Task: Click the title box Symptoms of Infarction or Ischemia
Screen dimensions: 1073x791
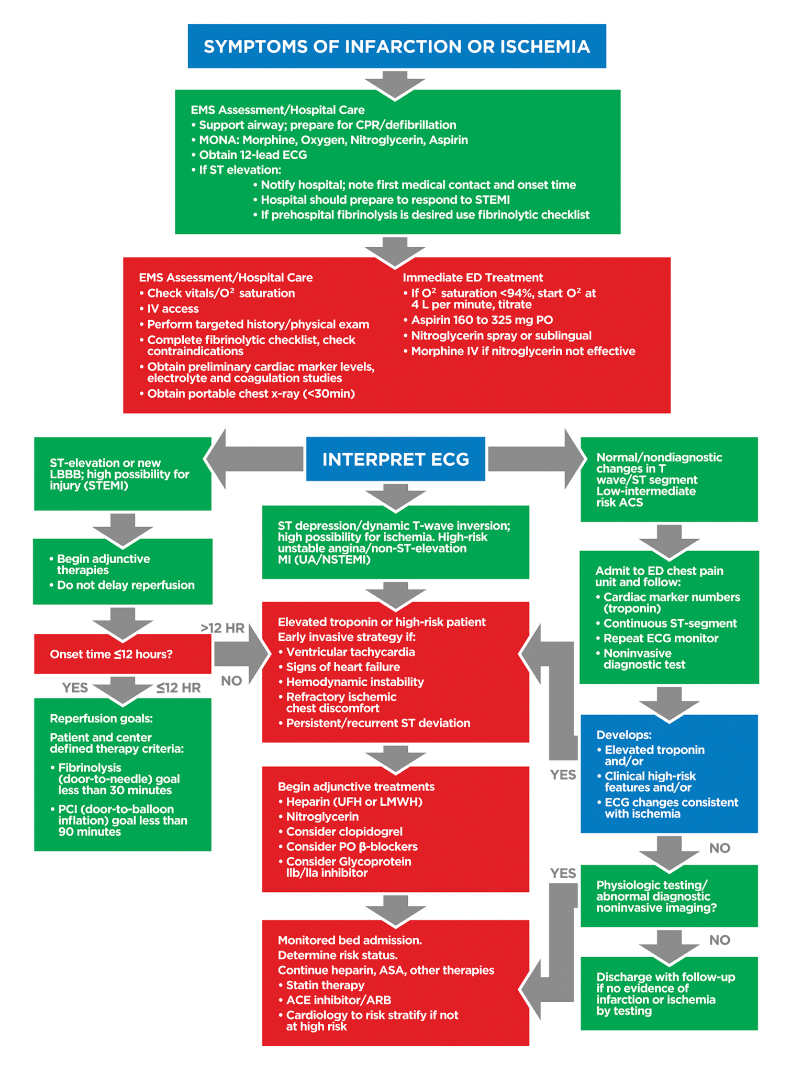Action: click(396, 46)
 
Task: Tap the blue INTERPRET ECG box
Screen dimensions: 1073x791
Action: click(395, 459)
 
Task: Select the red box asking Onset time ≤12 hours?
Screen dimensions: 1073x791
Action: click(122, 654)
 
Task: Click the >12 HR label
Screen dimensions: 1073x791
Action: click(222, 628)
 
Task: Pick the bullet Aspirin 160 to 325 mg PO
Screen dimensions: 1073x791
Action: click(482, 320)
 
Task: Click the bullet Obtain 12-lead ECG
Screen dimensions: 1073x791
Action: click(252, 155)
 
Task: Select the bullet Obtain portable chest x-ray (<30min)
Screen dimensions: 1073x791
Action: click(251, 393)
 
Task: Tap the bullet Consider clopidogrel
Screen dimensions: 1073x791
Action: click(344, 831)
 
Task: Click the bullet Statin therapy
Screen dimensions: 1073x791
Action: click(325, 985)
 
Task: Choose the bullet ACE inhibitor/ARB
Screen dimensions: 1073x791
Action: click(338, 1000)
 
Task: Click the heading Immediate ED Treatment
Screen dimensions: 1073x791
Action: click(472, 278)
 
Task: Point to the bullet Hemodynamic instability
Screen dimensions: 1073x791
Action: click(354, 682)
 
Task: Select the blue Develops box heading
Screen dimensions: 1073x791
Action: click(623, 735)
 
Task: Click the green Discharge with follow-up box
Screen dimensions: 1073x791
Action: click(669, 993)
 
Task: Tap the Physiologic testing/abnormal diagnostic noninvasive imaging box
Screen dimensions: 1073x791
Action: click(669, 896)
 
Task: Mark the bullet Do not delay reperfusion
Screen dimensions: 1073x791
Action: click(125, 585)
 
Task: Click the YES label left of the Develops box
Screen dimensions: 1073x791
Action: click(563, 774)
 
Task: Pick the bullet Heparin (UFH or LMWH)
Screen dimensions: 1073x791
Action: click(354, 802)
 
